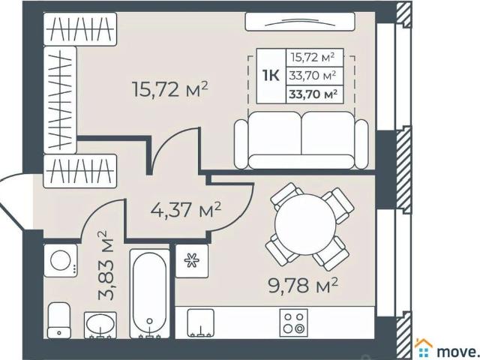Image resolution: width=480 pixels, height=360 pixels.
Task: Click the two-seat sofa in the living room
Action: click(x=302, y=140)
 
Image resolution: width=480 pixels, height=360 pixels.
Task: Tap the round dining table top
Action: click(x=305, y=226)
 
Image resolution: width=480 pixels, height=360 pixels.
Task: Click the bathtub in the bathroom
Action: click(x=151, y=292)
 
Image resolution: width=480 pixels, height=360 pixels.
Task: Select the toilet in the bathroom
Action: click(x=58, y=321)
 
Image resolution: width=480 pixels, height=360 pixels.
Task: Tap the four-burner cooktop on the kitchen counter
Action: click(x=293, y=322)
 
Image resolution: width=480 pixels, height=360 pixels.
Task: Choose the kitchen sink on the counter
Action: click(x=200, y=322)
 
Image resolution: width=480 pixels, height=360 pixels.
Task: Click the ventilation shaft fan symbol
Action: click(x=192, y=261)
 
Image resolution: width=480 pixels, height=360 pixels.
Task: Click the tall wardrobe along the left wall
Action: click(x=60, y=98)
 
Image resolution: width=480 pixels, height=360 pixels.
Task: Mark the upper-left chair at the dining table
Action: click(x=287, y=198)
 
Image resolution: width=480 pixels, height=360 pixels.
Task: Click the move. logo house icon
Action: click(x=424, y=347)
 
